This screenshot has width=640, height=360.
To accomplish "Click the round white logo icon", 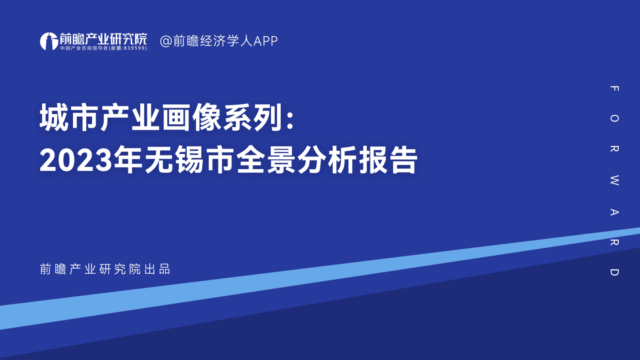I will click(49, 41).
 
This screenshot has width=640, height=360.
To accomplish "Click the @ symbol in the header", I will click(166, 41).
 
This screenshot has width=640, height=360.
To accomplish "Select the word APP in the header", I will click(265, 41).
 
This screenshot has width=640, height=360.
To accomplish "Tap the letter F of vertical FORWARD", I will click(614, 88).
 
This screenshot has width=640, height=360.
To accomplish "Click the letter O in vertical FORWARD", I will click(614, 118).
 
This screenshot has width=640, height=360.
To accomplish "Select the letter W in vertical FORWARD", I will click(614, 180).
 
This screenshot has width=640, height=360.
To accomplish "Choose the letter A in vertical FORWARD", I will click(614, 212).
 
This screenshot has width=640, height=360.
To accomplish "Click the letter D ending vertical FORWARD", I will click(614, 272).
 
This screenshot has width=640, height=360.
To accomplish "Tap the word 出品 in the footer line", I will click(157, 269).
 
